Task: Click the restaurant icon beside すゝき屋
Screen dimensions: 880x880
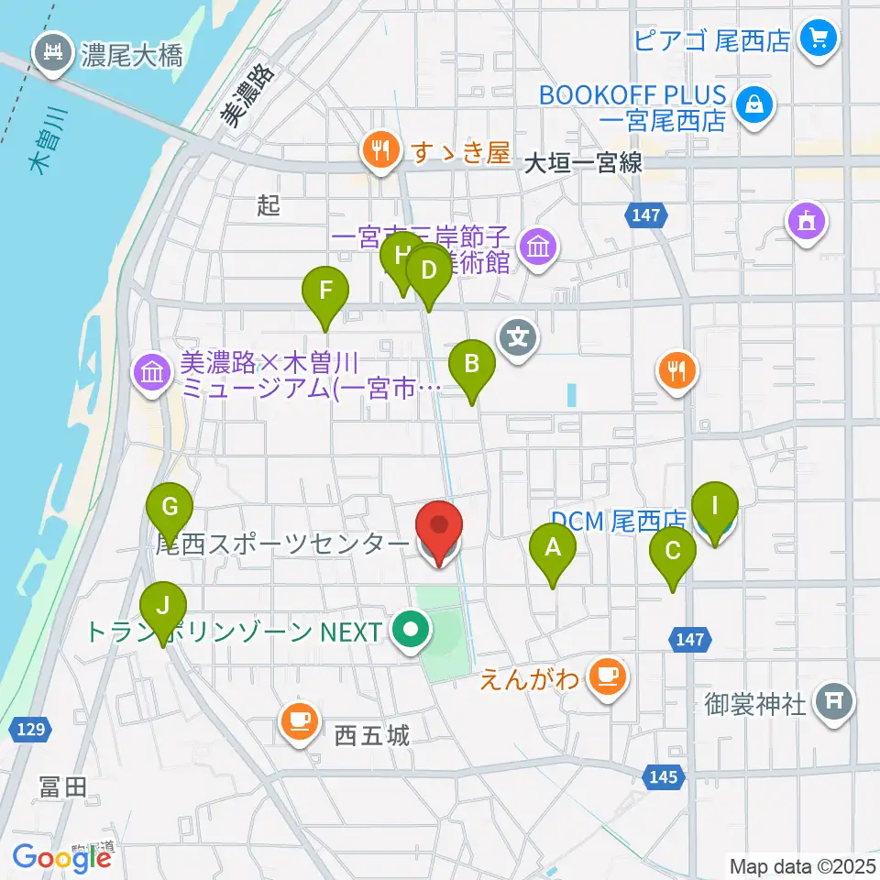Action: [379, 151]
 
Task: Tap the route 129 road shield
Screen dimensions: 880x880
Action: [29, 730]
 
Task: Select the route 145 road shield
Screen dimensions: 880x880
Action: [663, 777]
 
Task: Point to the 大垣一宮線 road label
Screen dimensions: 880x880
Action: [584, 163]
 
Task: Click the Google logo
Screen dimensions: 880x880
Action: [62, 858]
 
